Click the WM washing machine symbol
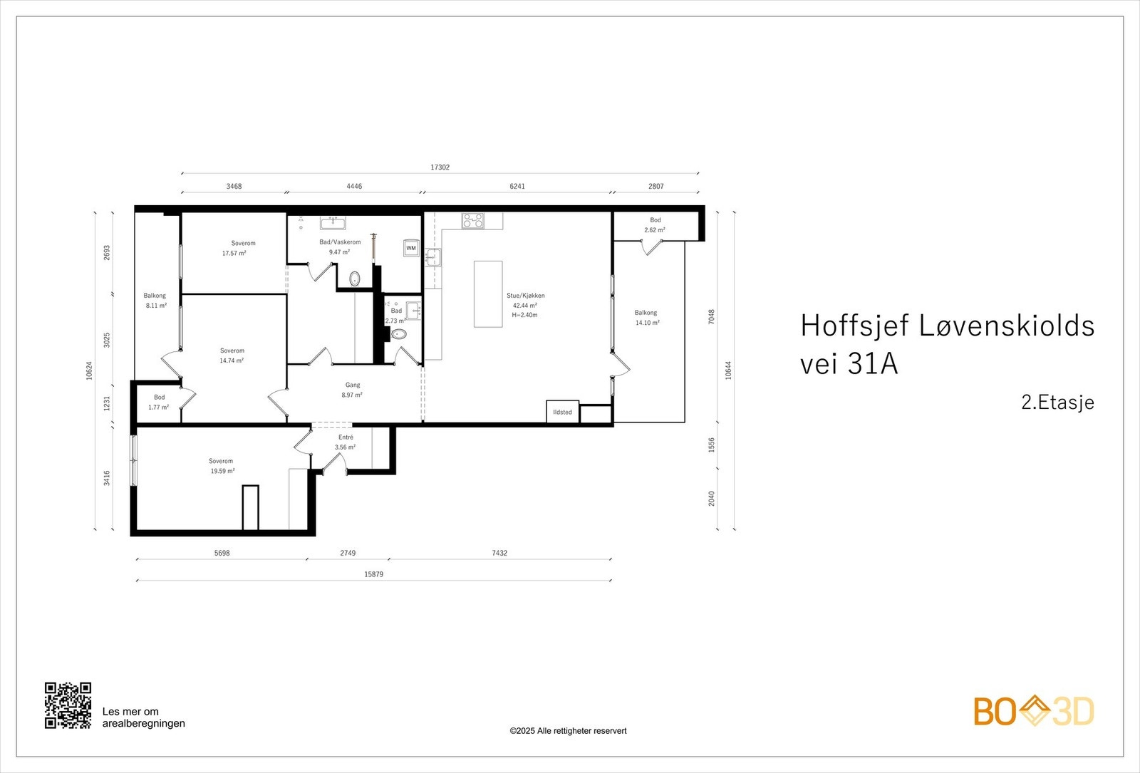(411, 248)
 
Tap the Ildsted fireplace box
(562, 412)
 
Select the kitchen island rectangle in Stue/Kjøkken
(488, 294)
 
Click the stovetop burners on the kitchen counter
(472, 221)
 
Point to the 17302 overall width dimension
(440, 167)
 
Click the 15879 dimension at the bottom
(373, 574)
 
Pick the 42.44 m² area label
(525, 305)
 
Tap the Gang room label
(353, 385)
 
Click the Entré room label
(346, 437)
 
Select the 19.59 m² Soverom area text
(222, 471)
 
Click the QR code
(68, 705)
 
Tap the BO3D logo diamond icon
(1034, 711)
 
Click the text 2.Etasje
(1057, 403)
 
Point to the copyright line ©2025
(568, 731)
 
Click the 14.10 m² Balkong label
(647, 323)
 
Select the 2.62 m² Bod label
(655, 230)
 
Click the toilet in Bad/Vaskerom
(355, 278)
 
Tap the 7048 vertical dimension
(711, 317)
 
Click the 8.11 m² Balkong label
(156, 306)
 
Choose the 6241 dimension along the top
(517, 187)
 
